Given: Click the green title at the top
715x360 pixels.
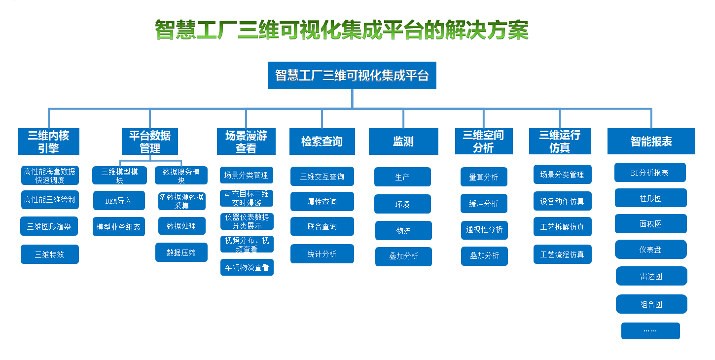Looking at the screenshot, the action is [x=342, y=30].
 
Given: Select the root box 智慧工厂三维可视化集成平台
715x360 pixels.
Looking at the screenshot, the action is [x=352, y=75].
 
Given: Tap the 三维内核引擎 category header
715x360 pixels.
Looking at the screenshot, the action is [x=48, y=142].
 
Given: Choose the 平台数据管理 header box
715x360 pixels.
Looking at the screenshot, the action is [x=150, y=142].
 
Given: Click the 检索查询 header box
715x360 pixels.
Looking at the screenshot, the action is [x=322, y=142].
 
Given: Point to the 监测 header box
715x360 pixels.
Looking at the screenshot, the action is [x=403, y=142].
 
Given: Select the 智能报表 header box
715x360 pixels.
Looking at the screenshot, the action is [x=651, y=142].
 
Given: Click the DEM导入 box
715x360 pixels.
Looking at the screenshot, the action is [x=119, y=201].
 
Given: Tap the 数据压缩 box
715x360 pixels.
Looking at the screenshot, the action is [x=181, y=252].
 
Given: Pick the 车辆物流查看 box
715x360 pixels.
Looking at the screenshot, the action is [x=247, y=267].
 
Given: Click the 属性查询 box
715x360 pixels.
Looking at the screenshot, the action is [x=322, y=201].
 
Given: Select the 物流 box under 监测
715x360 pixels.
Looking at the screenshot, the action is [x=403, y=230].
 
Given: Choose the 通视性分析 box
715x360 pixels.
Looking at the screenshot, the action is [x=484, y=230].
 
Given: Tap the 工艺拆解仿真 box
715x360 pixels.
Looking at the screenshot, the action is [x=563, y=226].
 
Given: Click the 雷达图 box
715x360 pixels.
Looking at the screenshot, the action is [x=651, y=276].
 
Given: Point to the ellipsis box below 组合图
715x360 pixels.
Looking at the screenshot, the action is [x=650, y=331].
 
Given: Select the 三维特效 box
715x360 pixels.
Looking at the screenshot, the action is [x=50, y=254].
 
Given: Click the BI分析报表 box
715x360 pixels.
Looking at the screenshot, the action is [x=650, y=173].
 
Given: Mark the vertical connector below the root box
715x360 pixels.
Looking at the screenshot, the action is [x=352, y=99].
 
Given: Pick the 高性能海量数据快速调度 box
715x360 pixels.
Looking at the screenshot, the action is [x=50, y=176].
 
